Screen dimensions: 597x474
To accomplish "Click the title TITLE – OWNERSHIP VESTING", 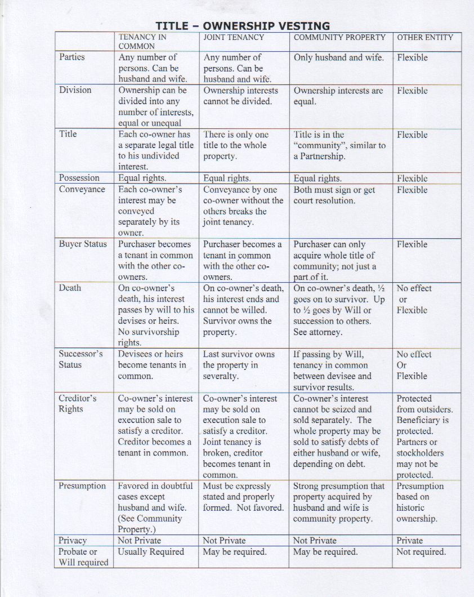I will (x=243, y=26).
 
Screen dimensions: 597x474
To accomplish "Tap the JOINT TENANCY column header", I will (x=233, y=37).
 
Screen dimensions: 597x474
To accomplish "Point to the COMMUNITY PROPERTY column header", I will (x=339, y=37).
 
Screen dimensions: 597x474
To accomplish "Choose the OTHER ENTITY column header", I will (x=425, y=37).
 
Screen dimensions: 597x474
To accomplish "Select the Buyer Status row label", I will (x=83, y=244).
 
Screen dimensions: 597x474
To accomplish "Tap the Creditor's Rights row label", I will (x=78, y=403).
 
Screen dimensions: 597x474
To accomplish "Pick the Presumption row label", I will (x=82, y=485).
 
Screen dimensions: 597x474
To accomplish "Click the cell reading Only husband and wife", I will (x=338, y=57).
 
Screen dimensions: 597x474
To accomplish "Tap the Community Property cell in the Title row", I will (x=339, y=145).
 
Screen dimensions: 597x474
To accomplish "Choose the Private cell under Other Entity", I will (x=409, y=540).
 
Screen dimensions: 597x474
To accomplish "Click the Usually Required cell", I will (x=151, y=551).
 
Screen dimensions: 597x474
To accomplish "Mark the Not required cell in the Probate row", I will (x=421, y=551).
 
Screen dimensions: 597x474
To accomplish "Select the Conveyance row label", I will (x=82, y=189).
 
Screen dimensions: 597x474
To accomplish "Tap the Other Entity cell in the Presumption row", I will (x=420, y=502).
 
